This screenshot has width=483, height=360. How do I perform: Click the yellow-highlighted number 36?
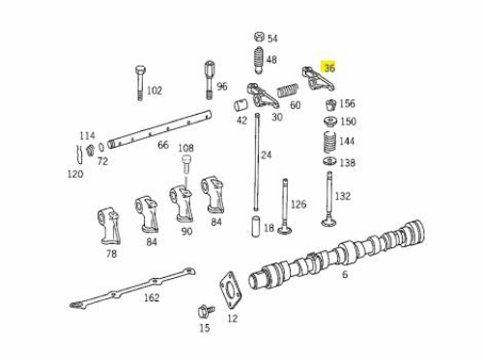pos(329,68)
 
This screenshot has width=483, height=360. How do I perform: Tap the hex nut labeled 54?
pos(259,37)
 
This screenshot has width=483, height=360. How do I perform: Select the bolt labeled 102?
pos(140,83)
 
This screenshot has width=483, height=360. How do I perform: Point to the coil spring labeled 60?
pos(288,90)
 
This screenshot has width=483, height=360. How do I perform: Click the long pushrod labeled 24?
pos(257,162)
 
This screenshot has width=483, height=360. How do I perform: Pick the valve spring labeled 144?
pos(329,143)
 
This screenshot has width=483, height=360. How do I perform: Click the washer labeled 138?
pos(329,161)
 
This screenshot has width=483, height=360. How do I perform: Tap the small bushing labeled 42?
pos(241,105)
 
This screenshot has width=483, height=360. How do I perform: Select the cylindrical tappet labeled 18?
pos(256,227)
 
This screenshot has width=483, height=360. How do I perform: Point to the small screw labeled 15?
pos(206,311)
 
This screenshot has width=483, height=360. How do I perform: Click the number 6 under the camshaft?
pos(345,274)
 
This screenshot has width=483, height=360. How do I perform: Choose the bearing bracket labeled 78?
pos(109,226)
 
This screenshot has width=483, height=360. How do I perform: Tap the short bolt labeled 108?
pos(185,164)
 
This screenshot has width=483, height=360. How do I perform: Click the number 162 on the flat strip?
pos(152,297)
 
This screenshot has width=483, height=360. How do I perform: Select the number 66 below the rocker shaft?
pos(163,145)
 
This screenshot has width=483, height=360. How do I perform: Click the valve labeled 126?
pos(285,207)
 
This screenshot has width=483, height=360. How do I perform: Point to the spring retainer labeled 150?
pos(330,122)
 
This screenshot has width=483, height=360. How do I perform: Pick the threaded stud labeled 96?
pos(210,79)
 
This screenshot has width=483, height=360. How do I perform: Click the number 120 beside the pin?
pos(75,174)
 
